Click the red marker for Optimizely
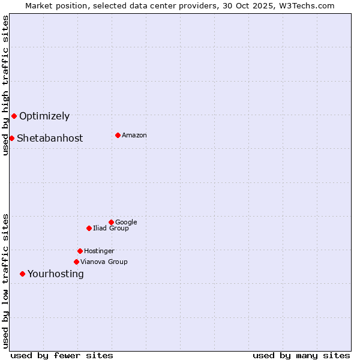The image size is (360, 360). click(14, 116)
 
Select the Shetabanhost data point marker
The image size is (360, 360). click(11, 138)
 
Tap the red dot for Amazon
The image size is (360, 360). click(118, 135)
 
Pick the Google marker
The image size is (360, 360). click(111, 222)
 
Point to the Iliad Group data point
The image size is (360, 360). click(89, 228)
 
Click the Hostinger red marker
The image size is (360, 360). click(80, 251)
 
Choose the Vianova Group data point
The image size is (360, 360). click(76, 262)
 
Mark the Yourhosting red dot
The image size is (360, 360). click(22, 274)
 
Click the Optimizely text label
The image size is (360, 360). click(44, 116)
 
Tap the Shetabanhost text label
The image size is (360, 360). click(50, 139)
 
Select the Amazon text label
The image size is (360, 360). click(134, 136)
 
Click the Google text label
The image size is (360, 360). click(126, 223)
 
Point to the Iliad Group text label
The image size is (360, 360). click(111, 229)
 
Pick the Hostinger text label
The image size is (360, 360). click(99, 251)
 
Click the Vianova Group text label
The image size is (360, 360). click(104, 262)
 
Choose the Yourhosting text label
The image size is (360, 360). click(56, 274)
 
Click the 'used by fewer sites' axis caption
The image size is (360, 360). click(62, 355)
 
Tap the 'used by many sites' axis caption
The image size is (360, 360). click(301, 355)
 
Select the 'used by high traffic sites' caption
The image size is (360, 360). click(5, 85)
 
